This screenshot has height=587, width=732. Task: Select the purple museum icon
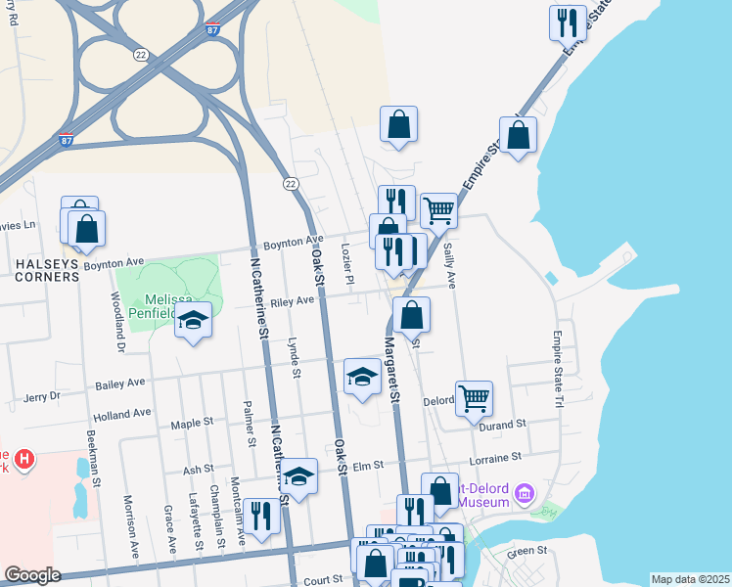(x=525, y=492)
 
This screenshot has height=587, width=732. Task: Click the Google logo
(x=32, y=575)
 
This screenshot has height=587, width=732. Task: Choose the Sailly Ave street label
(x=451, y=266)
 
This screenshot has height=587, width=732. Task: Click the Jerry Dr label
(x=41, y=397)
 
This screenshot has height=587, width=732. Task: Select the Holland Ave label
(x=122, y=414)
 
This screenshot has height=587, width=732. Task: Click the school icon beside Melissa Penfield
(x=194, y=321)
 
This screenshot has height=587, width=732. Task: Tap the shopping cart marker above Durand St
(x=474, y=398)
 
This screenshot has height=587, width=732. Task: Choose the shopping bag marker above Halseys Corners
(x=87, y=229)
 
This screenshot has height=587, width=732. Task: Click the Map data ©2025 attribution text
(x=690, y=579)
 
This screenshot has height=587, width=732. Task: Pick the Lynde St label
(x=293, y=356)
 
